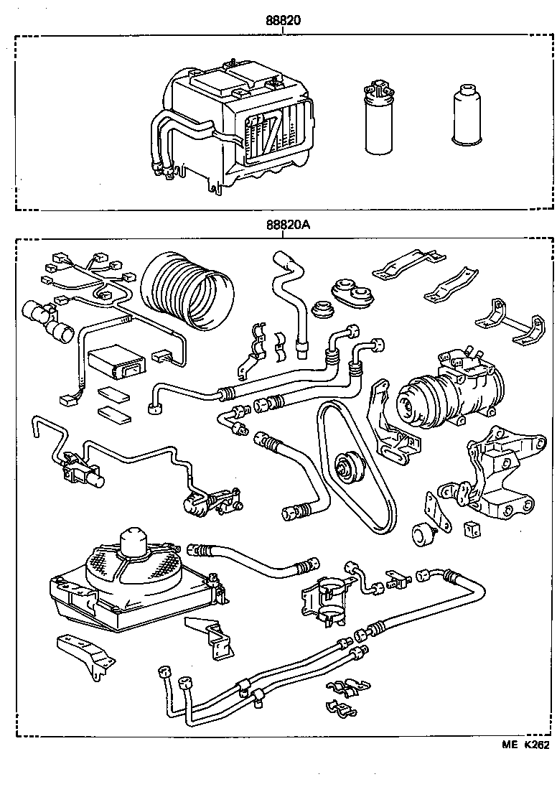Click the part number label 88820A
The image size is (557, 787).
pyautogui.click(x=287, y=225)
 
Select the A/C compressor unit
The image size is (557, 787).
pyautogui.click(x=445, y=391)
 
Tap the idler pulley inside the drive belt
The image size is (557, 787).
pyautogui.click(x=350, y=467)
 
